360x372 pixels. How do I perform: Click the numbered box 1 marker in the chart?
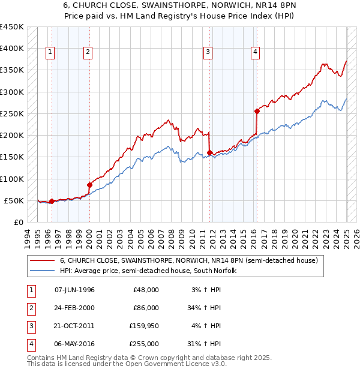[x=49, y=53]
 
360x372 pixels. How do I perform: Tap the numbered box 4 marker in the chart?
[x=255, y=53]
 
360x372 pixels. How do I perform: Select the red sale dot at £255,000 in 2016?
[x=257, y=111]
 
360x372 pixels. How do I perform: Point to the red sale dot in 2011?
[x=210, y=152]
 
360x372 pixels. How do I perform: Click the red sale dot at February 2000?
[x=89, y=185]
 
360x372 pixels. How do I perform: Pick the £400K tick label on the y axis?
[x=12, y=49]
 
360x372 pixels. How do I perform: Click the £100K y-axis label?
[x=12, y=179]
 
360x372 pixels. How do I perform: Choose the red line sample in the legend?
[x=42, y=261]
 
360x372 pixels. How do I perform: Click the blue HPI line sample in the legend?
[x=42, y=271]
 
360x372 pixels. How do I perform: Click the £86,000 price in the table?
[x=146, y=308]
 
